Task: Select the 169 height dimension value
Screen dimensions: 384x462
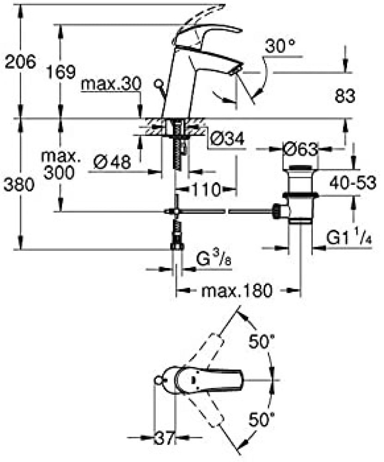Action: pos(61,72)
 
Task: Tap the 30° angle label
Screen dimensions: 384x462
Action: pos(280,46)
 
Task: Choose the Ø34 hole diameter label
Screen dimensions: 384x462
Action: pos(227,139)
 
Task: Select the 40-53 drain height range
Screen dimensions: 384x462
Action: pos(353,182)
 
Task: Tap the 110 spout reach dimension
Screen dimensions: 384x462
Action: pos(206,189)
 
